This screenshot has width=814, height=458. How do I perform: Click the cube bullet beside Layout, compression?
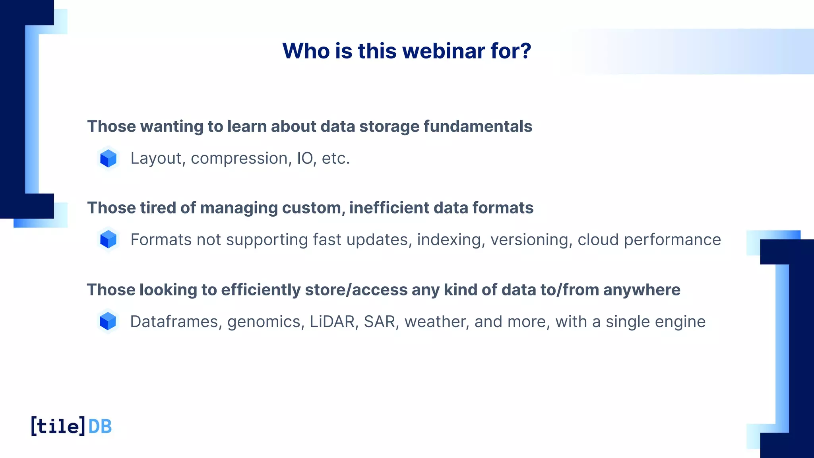tap(108, 158)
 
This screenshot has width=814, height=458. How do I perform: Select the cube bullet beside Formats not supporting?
tap(108, 240)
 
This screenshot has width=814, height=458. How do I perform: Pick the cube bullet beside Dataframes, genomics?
tap(108, 321)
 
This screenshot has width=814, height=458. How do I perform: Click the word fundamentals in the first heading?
tap(477, 126)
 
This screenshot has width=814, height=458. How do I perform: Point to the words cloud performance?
tap(649, 240)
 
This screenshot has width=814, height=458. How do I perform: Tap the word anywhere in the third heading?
tap(642, 290)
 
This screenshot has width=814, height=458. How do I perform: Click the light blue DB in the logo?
tap(100, 427)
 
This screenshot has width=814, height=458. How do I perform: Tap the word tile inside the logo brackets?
tap(58, 427)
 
